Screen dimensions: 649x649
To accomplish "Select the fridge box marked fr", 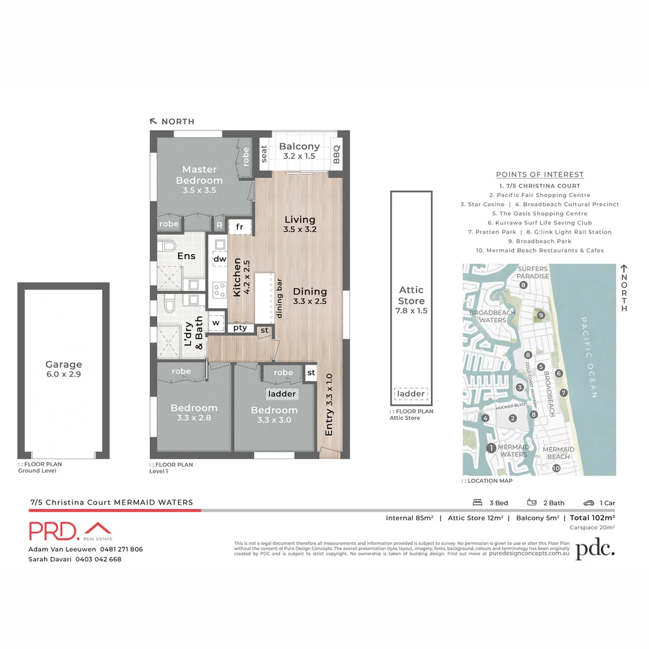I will tap(239, 227).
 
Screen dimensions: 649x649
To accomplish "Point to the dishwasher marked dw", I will tap(219, 260).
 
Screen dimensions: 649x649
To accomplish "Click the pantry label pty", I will tap(240, 328).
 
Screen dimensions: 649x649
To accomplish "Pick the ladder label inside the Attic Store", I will tap(411, 394).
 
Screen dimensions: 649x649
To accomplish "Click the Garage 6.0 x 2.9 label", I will tap(64, 369).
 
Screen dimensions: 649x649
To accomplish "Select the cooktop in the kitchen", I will tap(219, 290).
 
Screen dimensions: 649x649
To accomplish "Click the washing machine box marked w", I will tap(215, 322).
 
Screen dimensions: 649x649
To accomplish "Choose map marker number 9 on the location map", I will tap(541, 315).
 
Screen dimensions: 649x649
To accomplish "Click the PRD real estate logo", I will tap(70, 531).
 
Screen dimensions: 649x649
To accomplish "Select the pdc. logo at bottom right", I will tap(596, 549).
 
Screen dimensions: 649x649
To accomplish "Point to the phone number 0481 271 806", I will tap(121, 549).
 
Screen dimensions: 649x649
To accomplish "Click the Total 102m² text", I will tap(592, 517).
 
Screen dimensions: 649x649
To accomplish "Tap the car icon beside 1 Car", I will tap(588, 503).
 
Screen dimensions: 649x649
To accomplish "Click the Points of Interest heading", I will tap(540, 174).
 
